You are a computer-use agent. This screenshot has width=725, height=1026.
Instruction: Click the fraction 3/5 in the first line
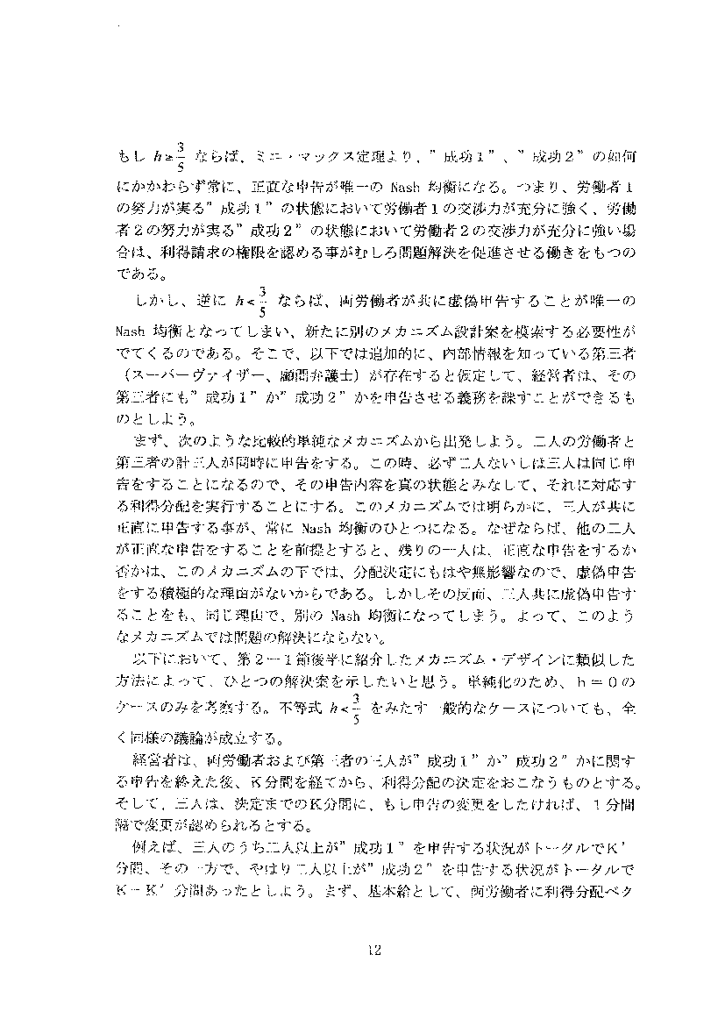click(x=180, y=154)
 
